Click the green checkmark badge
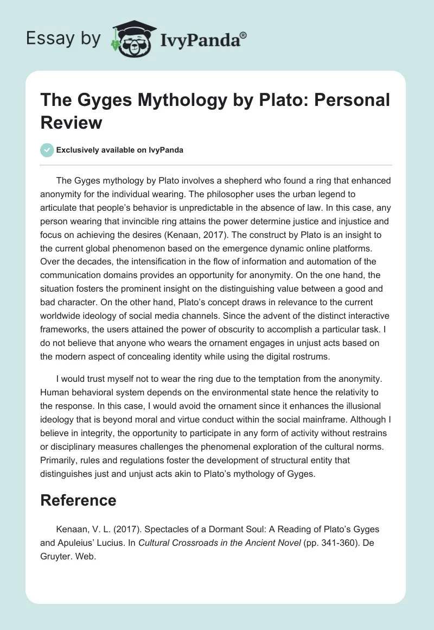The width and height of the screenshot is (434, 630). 47,150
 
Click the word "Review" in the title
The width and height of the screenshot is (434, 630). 72,122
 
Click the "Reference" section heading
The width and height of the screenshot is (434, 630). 79,500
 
